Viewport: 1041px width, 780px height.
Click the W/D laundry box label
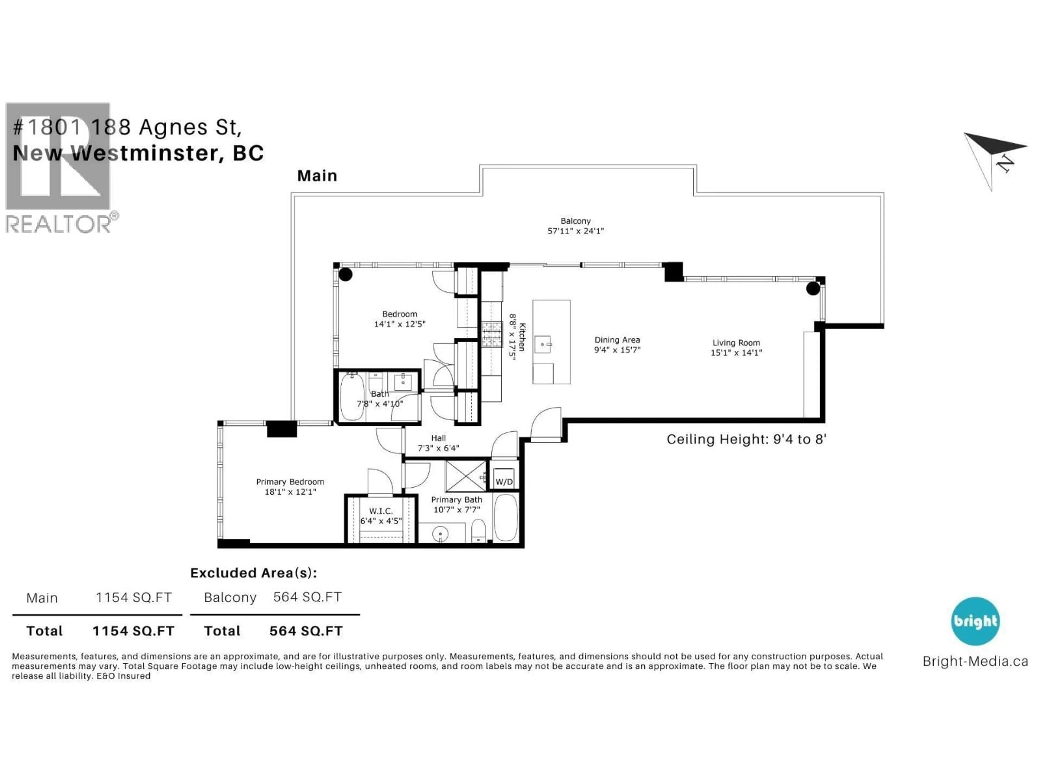click(x=504, y=482)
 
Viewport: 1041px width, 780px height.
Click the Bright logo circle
click(x=975, y=621)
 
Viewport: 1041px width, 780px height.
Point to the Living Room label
click(x=736, y=343)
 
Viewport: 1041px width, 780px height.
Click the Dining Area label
click(x=617, y=339)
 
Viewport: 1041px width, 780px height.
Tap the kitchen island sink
click(x=543, y=344)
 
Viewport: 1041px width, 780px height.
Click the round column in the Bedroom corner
click(x=345, y=274)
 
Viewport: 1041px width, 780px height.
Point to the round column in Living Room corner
click(x=813, y=288)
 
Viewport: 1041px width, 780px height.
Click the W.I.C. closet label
click(x=381, y=511)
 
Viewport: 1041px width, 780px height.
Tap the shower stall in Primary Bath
click(x=465, y=476)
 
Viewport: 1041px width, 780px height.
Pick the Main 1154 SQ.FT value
click(x=134, y=597)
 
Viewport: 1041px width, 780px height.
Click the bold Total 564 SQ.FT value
click(x=306, y=631)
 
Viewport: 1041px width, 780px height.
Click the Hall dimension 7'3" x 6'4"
click(x=438, y=448)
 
